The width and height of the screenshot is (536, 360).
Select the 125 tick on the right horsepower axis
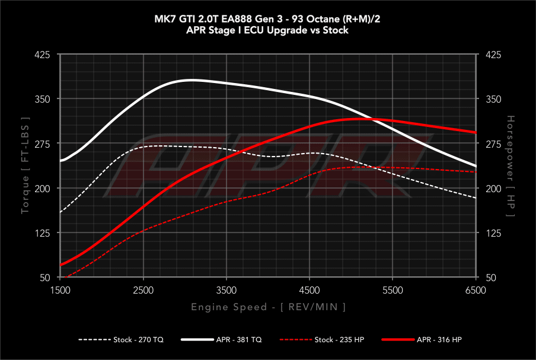(x=493, y=233)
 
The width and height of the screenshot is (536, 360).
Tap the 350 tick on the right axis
(x=493, y=99)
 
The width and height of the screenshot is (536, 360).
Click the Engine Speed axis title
(x=268, y=307)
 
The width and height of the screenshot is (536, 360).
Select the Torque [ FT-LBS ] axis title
(x=25, y=165)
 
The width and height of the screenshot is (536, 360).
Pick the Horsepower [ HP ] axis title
(x=511, y=166)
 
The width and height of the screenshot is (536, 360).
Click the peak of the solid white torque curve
(x=191, y=79)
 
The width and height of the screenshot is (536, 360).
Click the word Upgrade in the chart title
(x=281, y=30)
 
